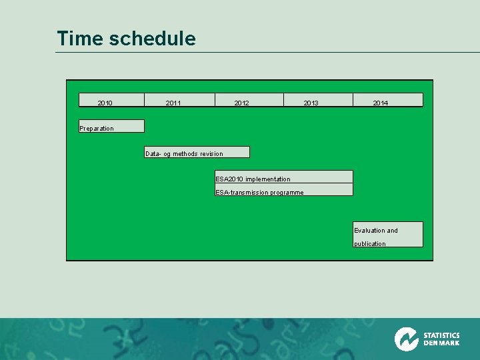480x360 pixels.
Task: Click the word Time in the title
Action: tap(80, 39)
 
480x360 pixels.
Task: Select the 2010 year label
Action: tap(105, 103)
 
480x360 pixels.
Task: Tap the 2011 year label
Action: tap(173, 103)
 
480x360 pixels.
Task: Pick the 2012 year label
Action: tap(241, 103)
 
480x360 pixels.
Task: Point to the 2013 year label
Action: tap(311, 103)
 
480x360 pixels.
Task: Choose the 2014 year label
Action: tap(381, 103)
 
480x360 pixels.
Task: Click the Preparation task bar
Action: tap(111, 126)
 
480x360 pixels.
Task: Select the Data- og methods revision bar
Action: tap(197, 152)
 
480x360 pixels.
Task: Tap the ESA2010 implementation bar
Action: tap(283, 177)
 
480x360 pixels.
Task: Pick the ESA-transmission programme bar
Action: tap(283, 190)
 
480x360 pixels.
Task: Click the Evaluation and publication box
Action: tap(388, 235)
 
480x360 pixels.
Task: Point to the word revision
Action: tap(211, 154)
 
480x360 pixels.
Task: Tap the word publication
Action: tap(370, 244)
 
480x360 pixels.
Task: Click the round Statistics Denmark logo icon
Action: tap(406, 339)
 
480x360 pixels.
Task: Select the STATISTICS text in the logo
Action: tap(441, 335)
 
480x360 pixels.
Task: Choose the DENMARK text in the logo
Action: tap(441, 343)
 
